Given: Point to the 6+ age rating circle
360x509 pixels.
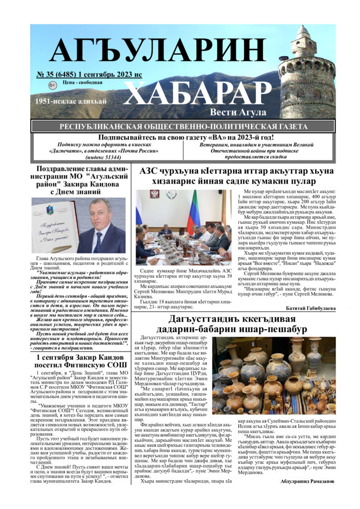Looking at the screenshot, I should (53, 85).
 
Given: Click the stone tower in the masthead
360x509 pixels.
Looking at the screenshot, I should (306, 70).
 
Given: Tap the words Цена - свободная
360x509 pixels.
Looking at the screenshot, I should (83, 83).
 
